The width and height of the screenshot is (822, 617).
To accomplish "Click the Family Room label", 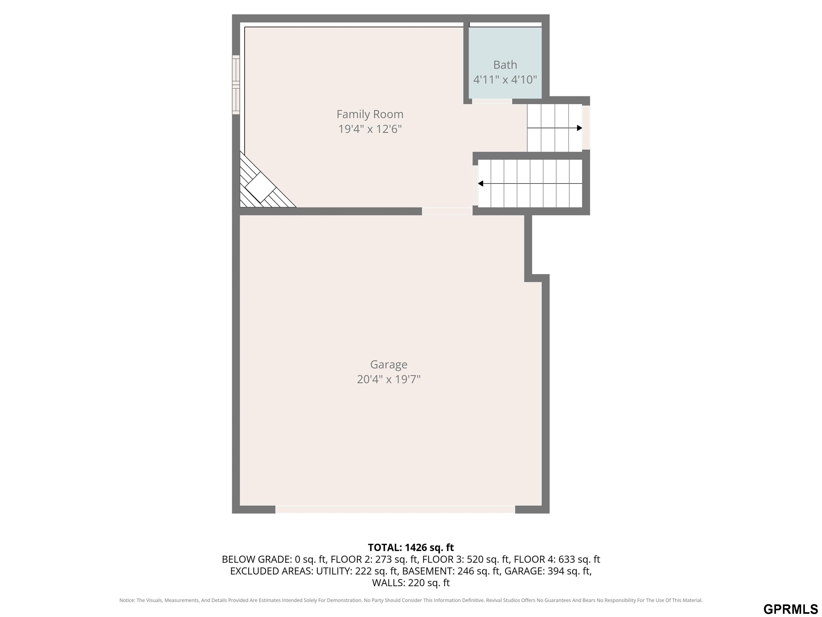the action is tap(370, 114).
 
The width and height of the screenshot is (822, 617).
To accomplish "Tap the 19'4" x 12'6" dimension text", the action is tap(370, 129).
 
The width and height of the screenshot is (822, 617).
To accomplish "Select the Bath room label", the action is tap(505, 65).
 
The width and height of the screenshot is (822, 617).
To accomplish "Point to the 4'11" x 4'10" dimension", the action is tap(505, 80).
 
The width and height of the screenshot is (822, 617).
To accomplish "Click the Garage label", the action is tap(389, 364).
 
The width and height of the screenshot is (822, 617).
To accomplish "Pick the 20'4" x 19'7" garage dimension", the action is tap(389, 379).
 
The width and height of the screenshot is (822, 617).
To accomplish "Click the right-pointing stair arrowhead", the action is tap(579, 128).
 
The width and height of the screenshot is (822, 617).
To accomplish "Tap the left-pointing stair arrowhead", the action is tap(481, 183).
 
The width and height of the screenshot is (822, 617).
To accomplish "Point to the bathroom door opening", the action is tap(492, 101).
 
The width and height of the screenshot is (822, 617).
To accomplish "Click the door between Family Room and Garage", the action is tap(447, 211).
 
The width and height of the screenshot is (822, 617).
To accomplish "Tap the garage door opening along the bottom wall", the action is tap(395, 510).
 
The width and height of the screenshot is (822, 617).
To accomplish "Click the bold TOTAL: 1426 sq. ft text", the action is tap(411, 547).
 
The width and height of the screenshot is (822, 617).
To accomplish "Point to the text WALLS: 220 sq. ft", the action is tap(411, 583).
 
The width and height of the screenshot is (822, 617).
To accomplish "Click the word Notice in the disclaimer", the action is tap(127, 600).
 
